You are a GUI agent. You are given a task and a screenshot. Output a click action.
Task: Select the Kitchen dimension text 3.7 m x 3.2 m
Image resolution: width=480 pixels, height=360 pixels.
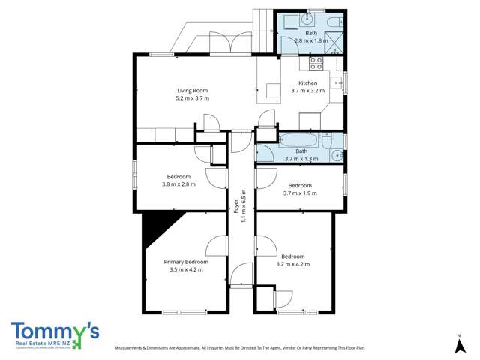(x=308, y=91)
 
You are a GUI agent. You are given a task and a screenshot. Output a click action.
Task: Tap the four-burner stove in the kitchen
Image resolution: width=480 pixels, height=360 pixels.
(x=316, y=63)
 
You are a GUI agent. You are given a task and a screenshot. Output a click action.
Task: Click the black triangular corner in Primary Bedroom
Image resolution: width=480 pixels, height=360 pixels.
(x=156, y=225)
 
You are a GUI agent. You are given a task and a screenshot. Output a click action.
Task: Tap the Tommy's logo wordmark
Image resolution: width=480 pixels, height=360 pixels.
(x=54, y=331)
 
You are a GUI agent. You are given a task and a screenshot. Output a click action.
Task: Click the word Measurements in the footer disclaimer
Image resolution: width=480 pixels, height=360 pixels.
(x=133, y=348)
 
